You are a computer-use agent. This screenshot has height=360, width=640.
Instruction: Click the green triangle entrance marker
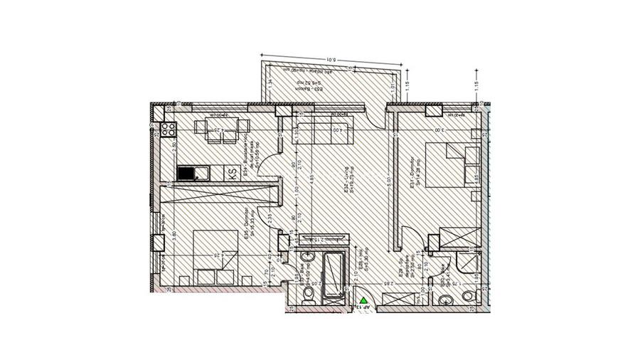point(364,302)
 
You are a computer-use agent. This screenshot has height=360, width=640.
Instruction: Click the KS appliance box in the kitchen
point(232,173)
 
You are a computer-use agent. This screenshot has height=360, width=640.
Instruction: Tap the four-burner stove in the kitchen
point(169,129)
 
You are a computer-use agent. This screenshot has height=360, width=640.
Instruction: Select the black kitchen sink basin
point(185,173)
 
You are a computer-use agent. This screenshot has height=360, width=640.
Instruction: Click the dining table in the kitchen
point(211,130)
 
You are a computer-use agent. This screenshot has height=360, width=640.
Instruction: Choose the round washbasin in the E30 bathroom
point(466,296)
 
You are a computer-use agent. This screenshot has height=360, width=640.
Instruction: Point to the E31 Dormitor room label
point(416,176)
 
